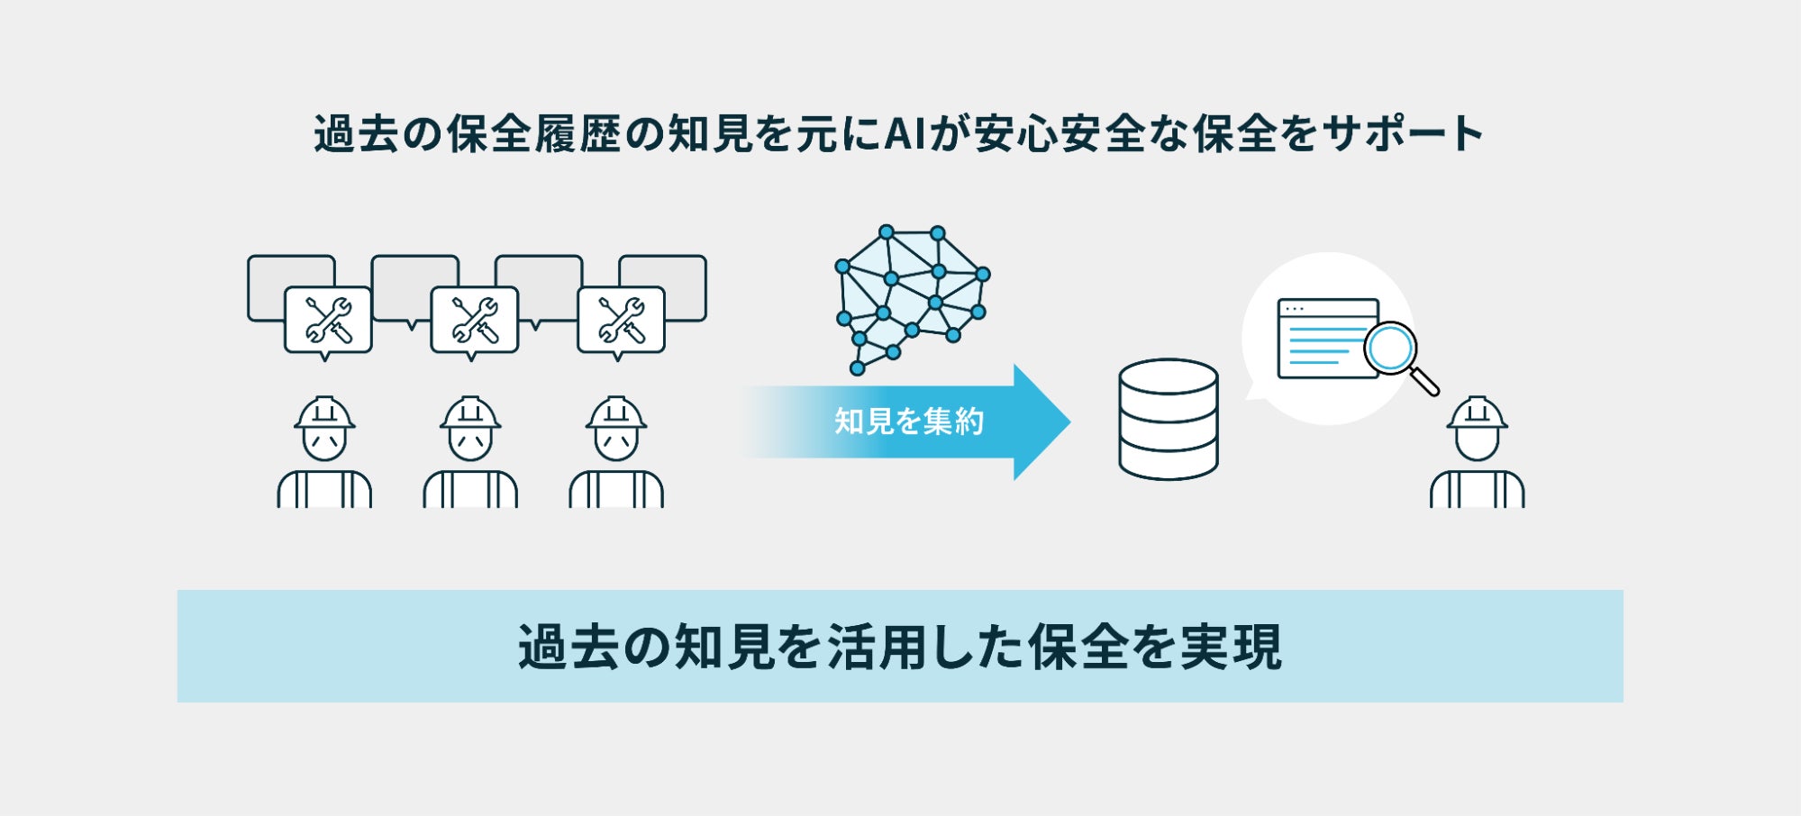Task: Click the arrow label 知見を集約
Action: [x=908, y=422]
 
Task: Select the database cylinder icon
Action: [x=1168, y=419]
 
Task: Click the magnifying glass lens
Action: [x=1390, y=348]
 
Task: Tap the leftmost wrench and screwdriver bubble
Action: [x=328, y=320]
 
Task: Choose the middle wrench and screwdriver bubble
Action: [x=475, y=320]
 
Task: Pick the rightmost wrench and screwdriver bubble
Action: [x=621, y=320]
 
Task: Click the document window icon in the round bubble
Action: [x=1326, y=338]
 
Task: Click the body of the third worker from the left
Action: [x=616, y=490]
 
